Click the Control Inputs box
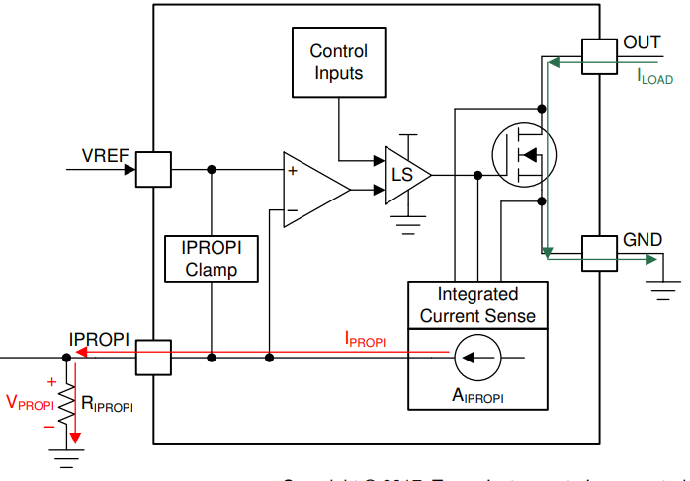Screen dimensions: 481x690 click(338, 61)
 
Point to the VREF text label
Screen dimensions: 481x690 click(103, 155)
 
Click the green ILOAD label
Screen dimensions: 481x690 click(653, 76)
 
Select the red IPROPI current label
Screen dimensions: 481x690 click(365, 341)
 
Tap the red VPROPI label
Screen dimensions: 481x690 click(30, 403)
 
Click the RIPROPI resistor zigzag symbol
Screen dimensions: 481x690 click(66, 404)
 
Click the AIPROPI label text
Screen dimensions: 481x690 click(478, 395)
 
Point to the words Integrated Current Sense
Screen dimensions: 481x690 click(478, 305)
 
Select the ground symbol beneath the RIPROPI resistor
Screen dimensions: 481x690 click(66, 457)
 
